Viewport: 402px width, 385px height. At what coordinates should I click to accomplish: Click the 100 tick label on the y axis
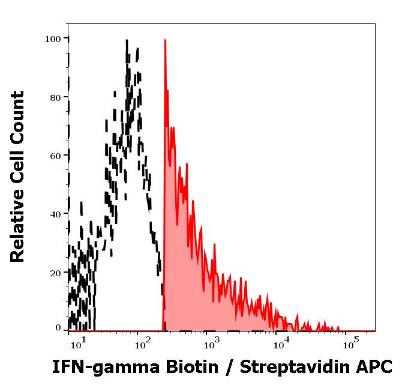(53, 39)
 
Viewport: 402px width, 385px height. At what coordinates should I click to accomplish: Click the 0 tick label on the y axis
(58, 328)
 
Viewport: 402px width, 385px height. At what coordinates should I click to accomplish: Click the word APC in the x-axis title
(376, 366)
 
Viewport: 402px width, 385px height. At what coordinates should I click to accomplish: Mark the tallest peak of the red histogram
(164, 41)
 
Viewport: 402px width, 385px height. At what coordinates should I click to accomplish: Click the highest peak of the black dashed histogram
(127, 41)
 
